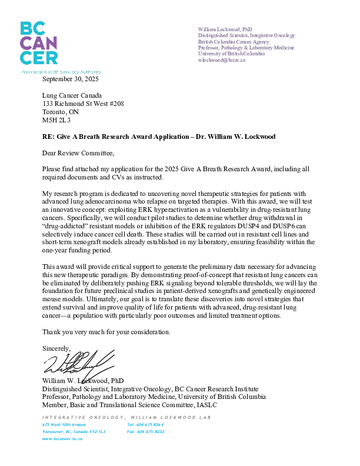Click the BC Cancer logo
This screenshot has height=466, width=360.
[39, 43]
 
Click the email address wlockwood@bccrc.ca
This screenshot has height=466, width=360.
[222, 60]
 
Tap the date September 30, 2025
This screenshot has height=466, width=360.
[71, 79]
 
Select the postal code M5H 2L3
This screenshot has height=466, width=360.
[56, 120]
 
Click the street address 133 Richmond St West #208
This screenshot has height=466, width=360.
[83, 104]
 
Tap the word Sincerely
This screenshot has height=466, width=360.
[56, 348]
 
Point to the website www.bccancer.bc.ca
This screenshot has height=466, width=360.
[62, 439]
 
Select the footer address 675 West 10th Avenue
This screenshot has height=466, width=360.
[64, 424]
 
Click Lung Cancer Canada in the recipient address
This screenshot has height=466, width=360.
[72, 95]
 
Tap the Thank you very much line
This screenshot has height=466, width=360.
[106, 332]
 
